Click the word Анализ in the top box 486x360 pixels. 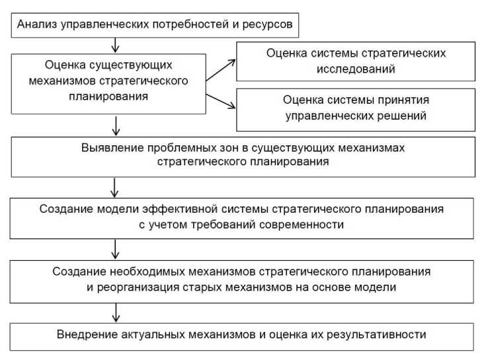[x=37, y=26]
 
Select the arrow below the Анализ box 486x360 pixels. [x=116, y=45]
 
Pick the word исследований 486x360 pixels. [x=356, y=68]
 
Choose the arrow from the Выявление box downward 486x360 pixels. [x=116, y=186]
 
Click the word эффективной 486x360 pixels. [x=188, y=209]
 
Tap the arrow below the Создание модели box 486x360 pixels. [x=116, y=250]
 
